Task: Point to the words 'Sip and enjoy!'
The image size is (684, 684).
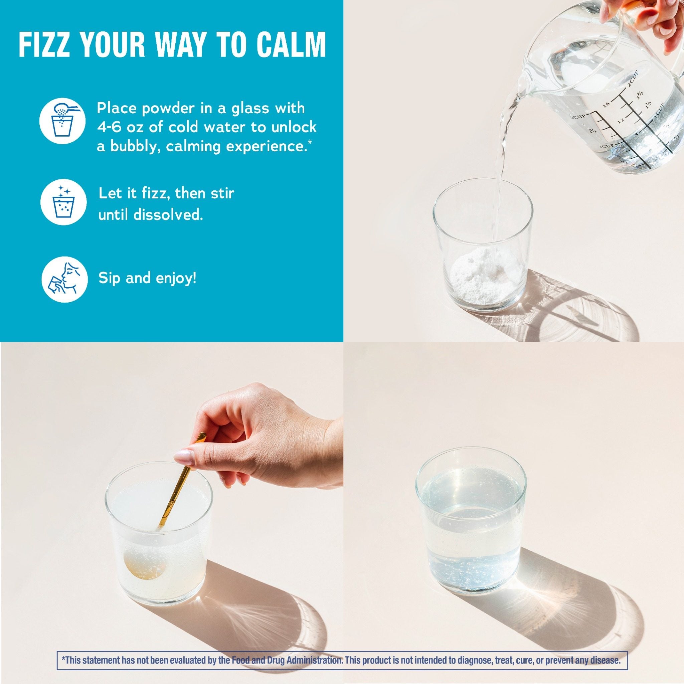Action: [147, 279]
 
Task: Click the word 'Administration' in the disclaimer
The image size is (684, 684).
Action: [312, 660]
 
